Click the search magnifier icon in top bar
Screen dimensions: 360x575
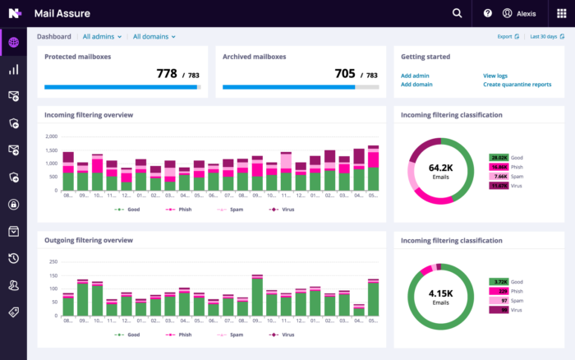(458, 13)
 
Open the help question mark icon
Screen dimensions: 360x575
(487, 13)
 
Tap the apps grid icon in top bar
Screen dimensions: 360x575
(562, 13)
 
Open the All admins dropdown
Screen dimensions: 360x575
(102, 36)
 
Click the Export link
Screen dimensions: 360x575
(508, 36)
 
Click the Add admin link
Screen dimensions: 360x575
(415, 75)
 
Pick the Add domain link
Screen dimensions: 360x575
(416, 84)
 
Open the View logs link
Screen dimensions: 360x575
(495, 75)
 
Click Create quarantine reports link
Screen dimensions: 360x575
(517, 84)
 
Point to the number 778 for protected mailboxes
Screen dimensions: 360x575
(167, 73)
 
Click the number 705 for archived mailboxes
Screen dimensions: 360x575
(345, 73)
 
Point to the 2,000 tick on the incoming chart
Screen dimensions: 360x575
(51, 136)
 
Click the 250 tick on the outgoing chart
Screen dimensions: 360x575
(53, 262)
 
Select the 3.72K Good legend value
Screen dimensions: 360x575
(498, 281)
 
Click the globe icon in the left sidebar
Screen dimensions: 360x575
(13, 42)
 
